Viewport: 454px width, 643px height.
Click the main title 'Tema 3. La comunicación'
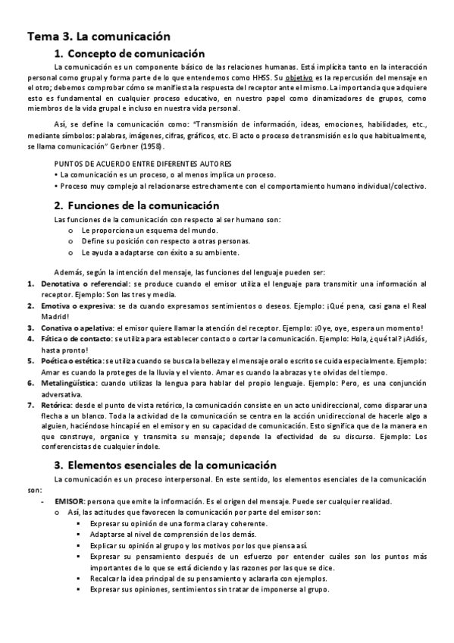[x=99, y=36]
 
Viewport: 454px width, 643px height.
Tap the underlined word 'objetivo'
[x=299, y=77]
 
